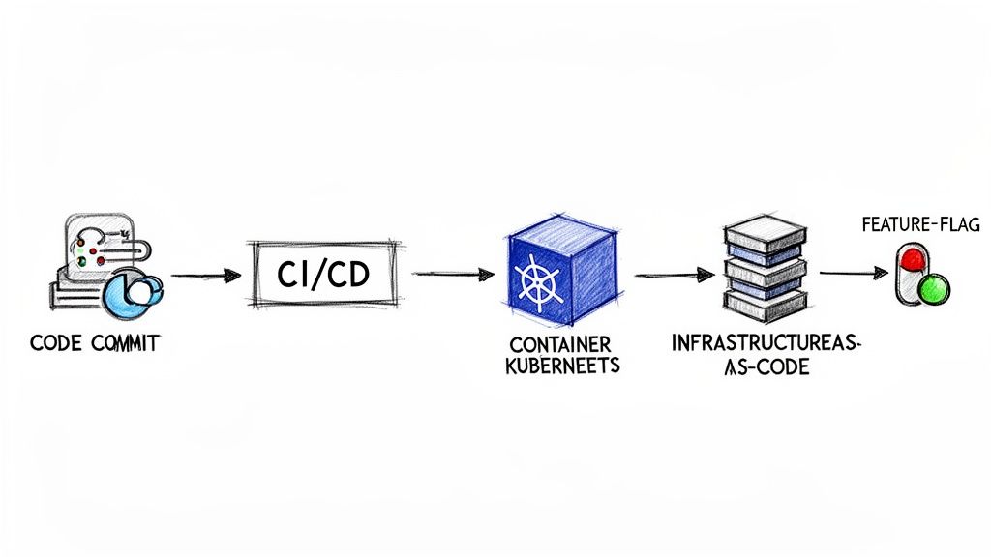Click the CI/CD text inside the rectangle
coord(322,275)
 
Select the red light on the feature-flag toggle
coord(912,259)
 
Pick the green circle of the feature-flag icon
coord(933,289)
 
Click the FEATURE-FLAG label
coord(920,225)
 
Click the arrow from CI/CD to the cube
coord(452,275)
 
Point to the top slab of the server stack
coord(764,231)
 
